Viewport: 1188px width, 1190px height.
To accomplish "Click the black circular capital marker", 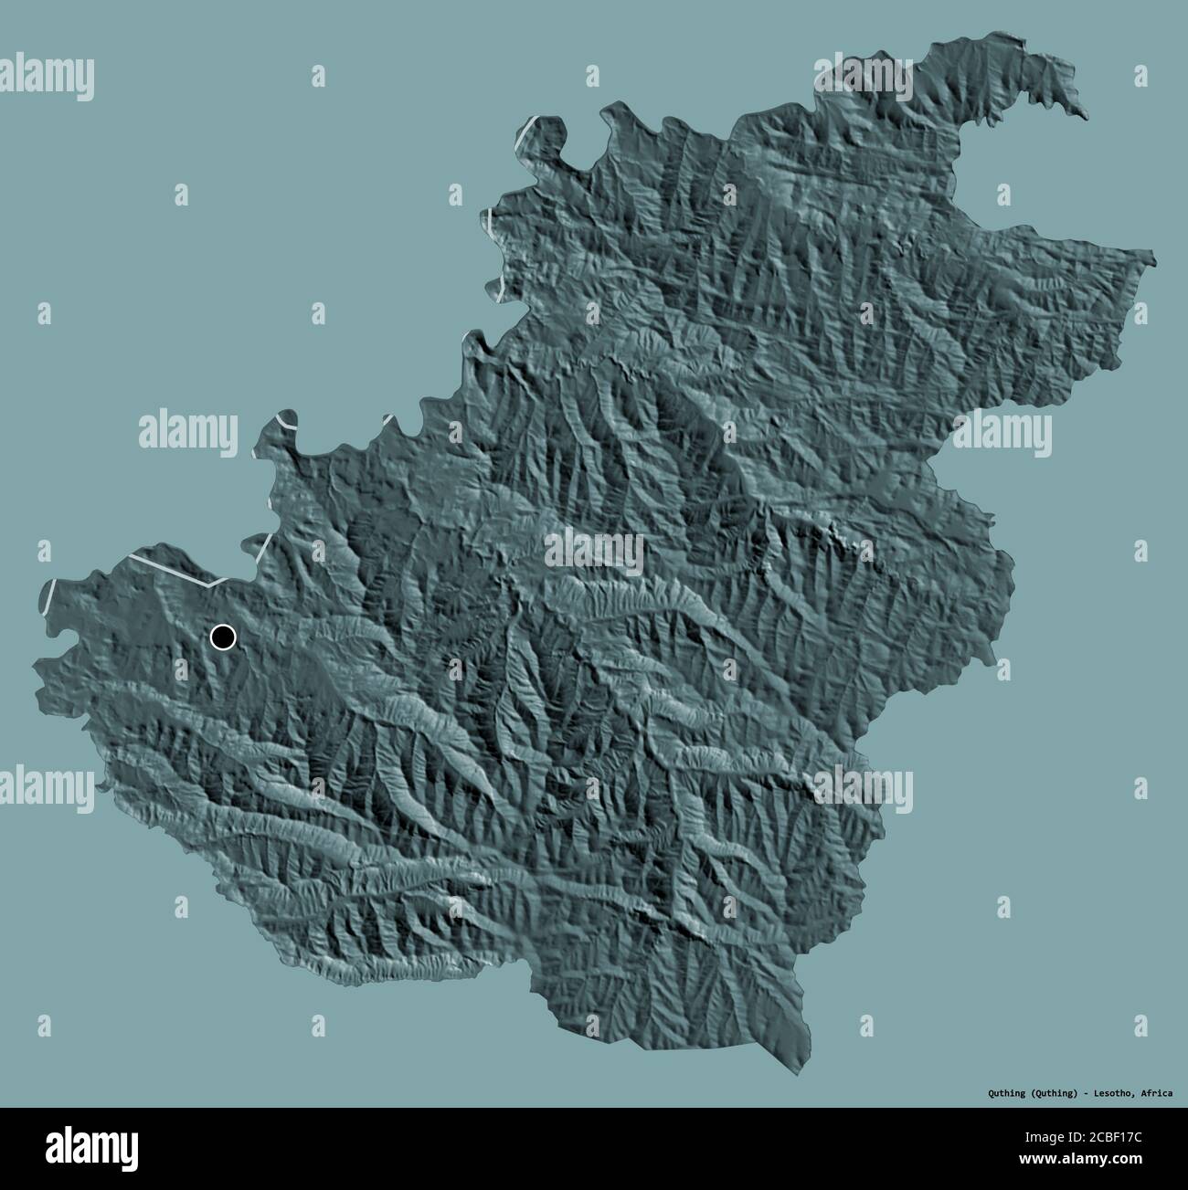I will [x=222, y=637].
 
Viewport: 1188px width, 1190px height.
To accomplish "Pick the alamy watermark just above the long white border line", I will [x=188, y=432].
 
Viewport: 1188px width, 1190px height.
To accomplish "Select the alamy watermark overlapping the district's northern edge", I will [x=863, y=78].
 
